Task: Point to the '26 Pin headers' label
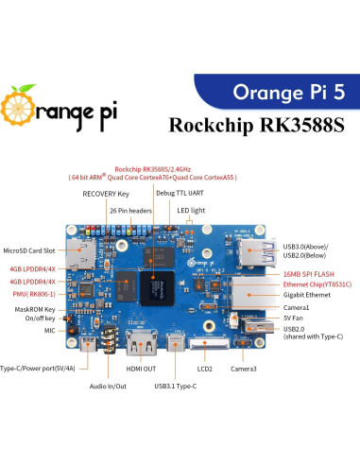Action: (x=126, y=210)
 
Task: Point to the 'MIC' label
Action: (x=50, y=332)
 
